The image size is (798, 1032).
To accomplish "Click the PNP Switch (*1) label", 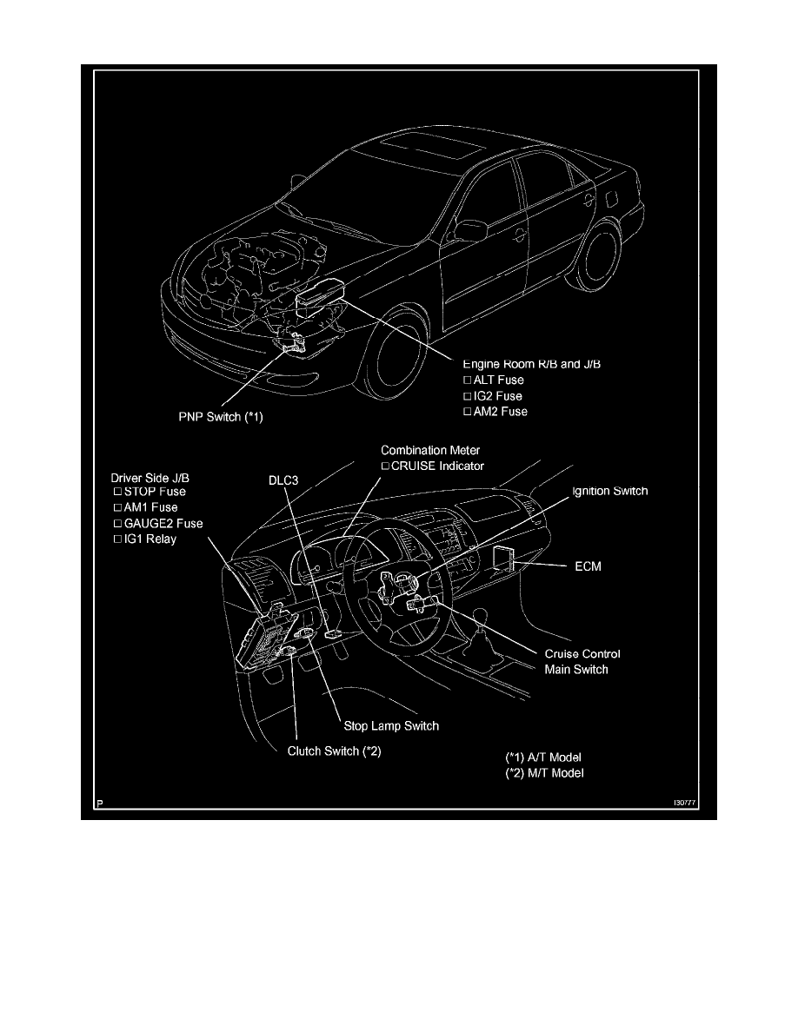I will [215, 416].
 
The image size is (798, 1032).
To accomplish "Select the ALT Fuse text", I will [498, 380].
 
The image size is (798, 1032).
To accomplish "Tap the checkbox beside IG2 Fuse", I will [467, 395].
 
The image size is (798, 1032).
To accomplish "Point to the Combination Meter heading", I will [430, 450].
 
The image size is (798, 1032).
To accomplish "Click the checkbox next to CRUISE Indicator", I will [386, 466].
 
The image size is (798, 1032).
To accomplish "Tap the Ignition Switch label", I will [609, 491].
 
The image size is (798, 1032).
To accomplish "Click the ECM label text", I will [588, 566].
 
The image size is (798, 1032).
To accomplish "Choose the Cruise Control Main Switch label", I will [582, 662].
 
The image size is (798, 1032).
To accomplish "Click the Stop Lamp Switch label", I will [387, 725].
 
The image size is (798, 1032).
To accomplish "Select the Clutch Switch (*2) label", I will [334, 751].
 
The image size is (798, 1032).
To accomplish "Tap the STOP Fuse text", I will [155, 492].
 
